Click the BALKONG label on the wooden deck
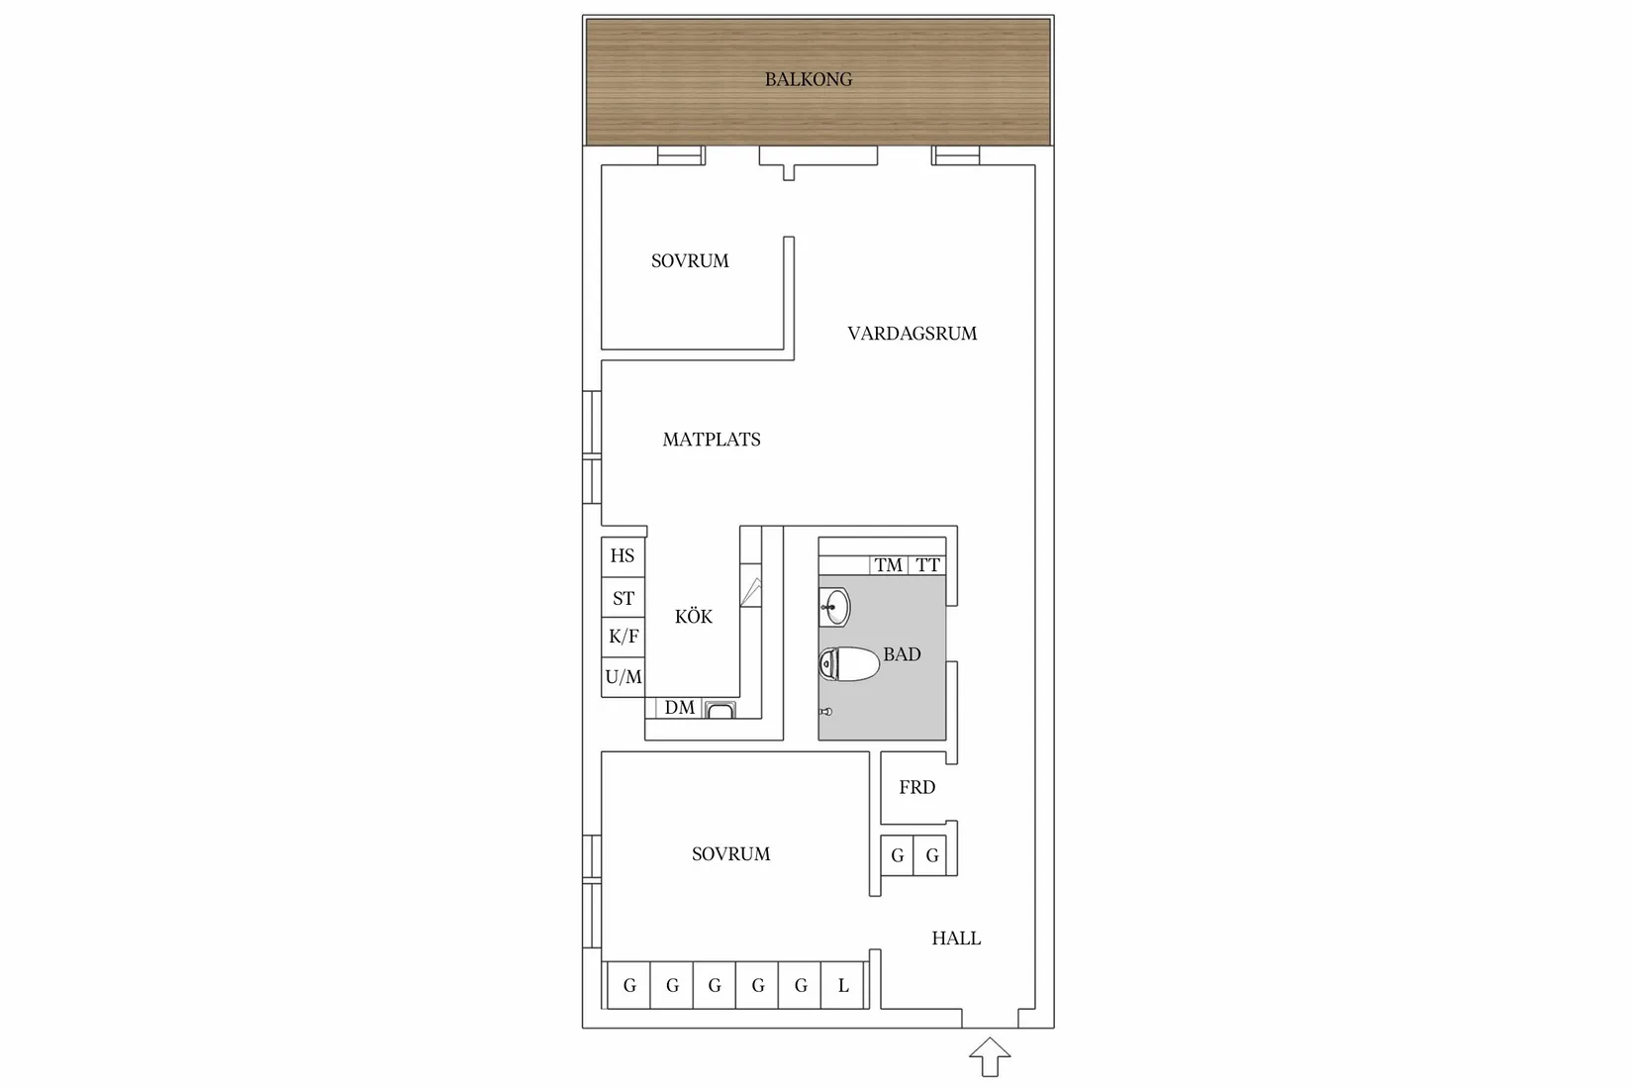pyautogui.click(x=808, y=79)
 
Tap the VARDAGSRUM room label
pyautogui.click(x=912, y=334)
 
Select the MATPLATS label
pyautogui.click(x=712, y=440)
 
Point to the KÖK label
pyautogui.click(x=694, y=617)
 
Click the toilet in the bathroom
pyautogui.click(x=848, y=663)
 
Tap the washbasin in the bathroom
pyautogui.click(x=834, y=607)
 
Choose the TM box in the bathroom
pyautogui.click(x=889, y=564)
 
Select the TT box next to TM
pyautogui.click(x=927, y=564)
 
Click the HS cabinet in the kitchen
pyautogui.click(x=623, y=556)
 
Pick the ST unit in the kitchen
pyautogui.click(x=623, y=597)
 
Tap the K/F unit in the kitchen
pyautogui.click(x=623, y=637)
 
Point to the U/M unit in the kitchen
pyautogui.click(x=623, y=677)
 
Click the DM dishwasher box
pyautogui.click(x=680, y=708)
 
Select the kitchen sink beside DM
pyautogui.click(x=720, y=710)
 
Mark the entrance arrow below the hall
pyautogui.click(x=990, y=1057)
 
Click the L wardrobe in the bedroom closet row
pyautogui.click(x=843, y=985)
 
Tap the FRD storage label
pyautogui.click(x=916, y=788)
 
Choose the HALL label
pyautogui.click(x=956, y=938)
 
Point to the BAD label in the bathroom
pyautogui.click(x=902, y=654)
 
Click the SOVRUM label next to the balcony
pyautogui.click(x=690, y=261)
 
